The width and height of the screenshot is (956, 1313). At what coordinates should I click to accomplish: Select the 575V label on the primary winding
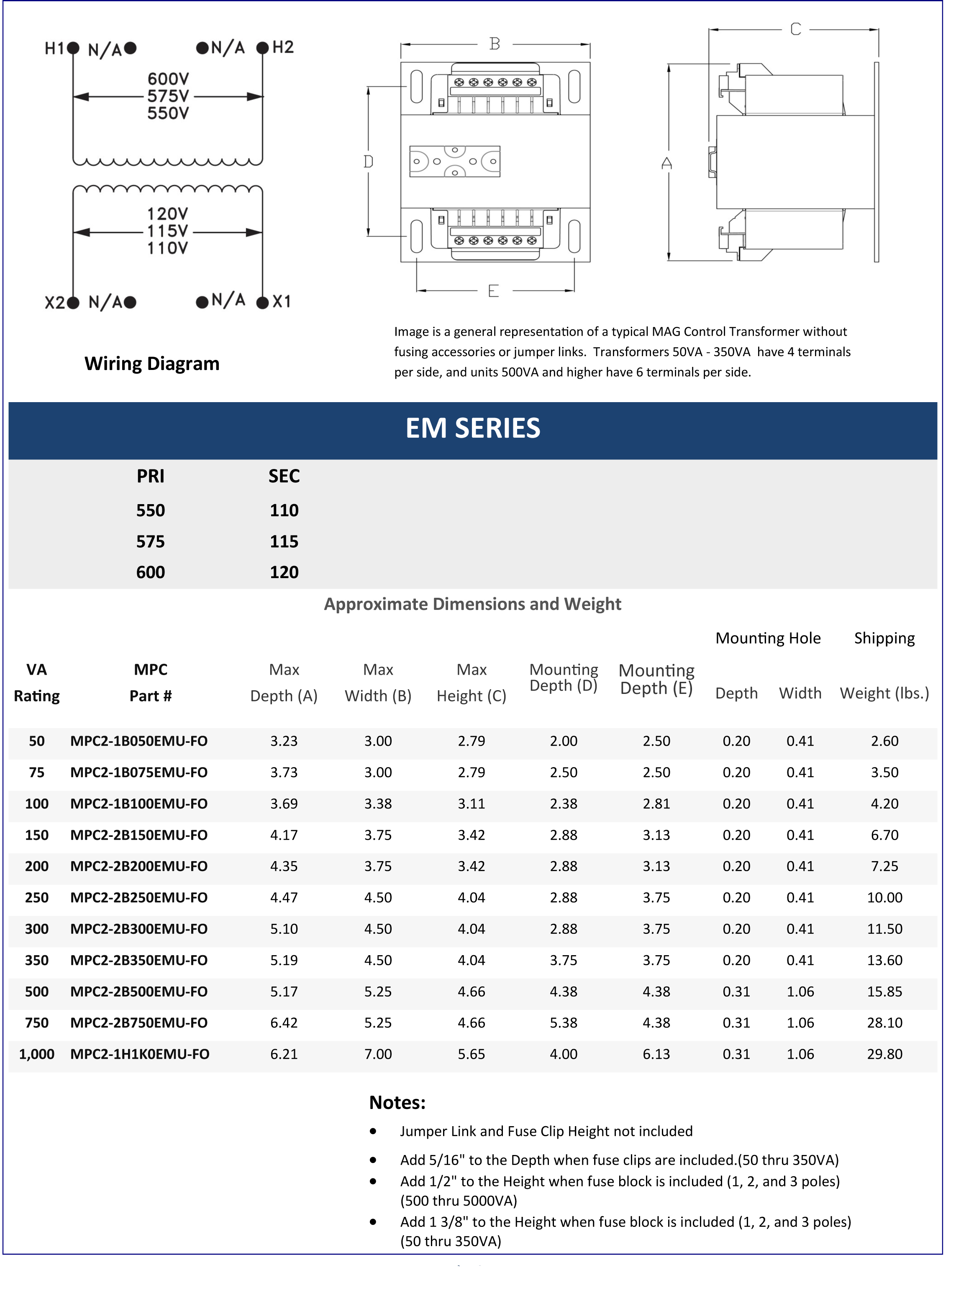tap(168, 96)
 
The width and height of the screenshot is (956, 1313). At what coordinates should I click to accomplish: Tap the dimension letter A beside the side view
tap(666, 164)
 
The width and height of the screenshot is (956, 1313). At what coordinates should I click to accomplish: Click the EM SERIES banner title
tap(473, 428)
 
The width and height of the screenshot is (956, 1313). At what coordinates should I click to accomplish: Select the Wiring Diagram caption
tap(152, 364)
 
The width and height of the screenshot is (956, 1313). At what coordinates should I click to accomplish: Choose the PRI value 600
tap(151, 572)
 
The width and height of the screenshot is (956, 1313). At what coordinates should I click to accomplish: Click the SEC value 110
tap(284, 510)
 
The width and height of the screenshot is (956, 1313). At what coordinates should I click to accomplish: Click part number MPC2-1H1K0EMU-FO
tap(140, 1054)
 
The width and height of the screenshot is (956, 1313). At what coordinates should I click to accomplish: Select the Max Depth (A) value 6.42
tap(284, 1022)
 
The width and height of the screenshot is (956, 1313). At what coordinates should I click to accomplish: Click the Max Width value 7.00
tap(378, 1054)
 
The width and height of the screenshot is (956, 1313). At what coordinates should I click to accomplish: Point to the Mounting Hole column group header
tap(768, 638)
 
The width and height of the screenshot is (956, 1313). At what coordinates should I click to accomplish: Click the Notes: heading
tap(397, 1102)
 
